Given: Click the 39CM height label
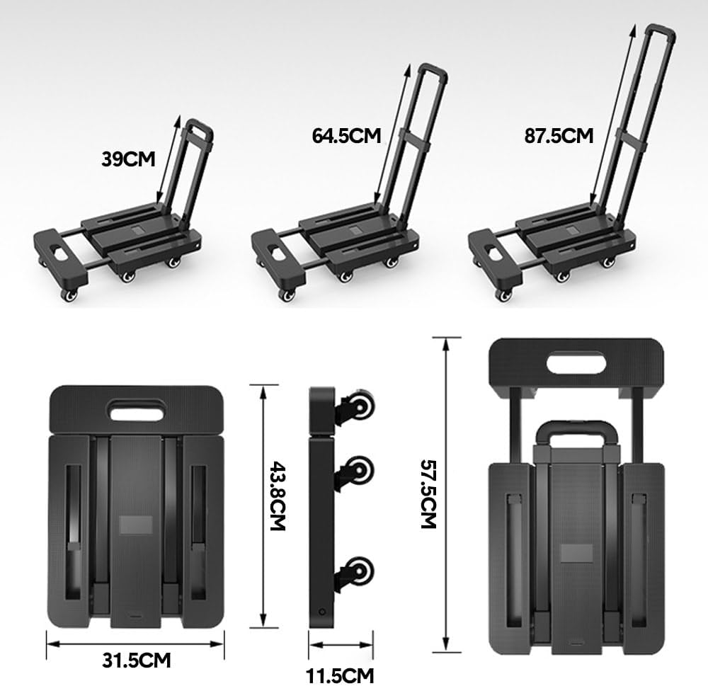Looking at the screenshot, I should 128,159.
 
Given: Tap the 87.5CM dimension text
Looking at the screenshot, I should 559,135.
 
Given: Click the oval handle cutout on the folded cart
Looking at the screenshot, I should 135,410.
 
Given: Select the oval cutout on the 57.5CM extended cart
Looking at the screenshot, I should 577,363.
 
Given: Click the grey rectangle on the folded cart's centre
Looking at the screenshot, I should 135,525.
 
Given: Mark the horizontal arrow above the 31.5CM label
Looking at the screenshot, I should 135,644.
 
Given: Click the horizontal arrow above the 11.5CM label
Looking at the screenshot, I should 341,645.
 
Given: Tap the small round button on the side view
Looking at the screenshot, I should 323,611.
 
